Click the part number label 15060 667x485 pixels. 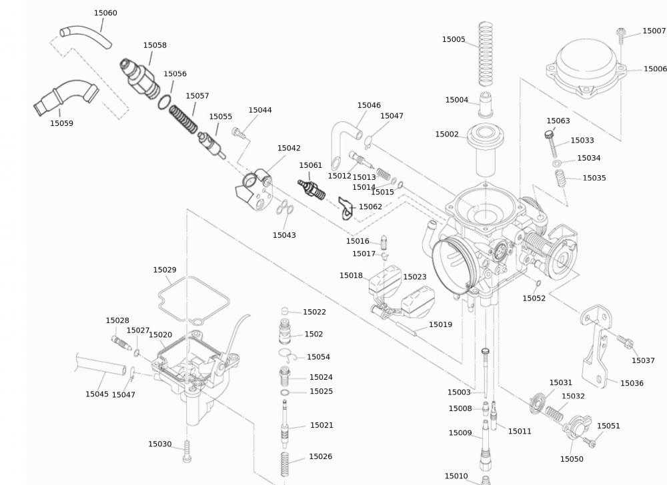(105, 13)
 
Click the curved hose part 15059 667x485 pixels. (63, 96)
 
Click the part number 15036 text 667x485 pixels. (632, 383)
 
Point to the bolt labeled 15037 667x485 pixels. (625, 342)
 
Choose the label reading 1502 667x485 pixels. (313, 334)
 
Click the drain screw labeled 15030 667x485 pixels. (187, 452)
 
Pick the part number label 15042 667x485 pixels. (289, 149)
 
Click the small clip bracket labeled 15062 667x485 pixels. (346, 208)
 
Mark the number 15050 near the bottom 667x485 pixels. (572, 459)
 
